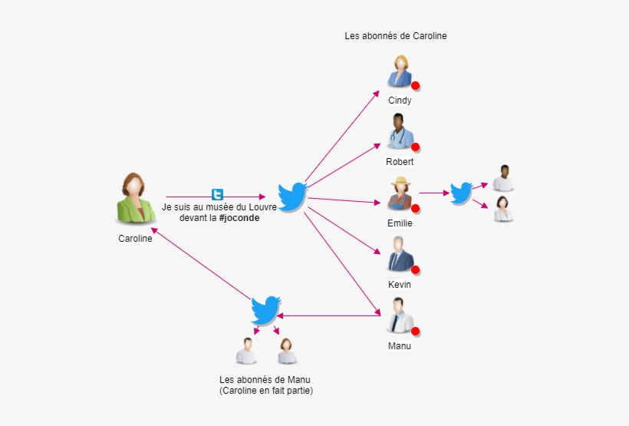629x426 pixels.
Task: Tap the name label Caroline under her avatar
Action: tap(135, 239)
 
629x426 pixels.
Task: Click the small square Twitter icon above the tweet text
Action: tap(218, 195)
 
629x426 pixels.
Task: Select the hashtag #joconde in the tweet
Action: tap(239, 218)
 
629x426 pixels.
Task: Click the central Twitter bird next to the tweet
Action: tap(291, 196)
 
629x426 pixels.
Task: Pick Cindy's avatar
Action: tap(400, 72)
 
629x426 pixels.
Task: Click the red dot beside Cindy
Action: tap(416, 85)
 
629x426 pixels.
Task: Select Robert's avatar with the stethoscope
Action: tap(399, 132)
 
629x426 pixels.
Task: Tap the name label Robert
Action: tap(400, 162)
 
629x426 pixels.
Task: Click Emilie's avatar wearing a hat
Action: tap(399, 193)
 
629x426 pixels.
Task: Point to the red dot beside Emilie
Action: tap(416, 208)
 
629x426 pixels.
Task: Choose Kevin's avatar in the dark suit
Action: tap(399, 254)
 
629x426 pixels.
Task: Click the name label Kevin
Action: tap(400, 285)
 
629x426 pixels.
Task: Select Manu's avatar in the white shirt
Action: tap(399, 315)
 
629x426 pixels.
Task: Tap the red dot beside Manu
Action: tap(416, 332)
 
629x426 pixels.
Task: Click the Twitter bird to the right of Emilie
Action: tap(460, 193)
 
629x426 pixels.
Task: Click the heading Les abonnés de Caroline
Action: tap(396, 36)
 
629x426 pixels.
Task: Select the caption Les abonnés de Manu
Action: tap(265, 380)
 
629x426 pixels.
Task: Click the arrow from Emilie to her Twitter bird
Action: tap(434, 193)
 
